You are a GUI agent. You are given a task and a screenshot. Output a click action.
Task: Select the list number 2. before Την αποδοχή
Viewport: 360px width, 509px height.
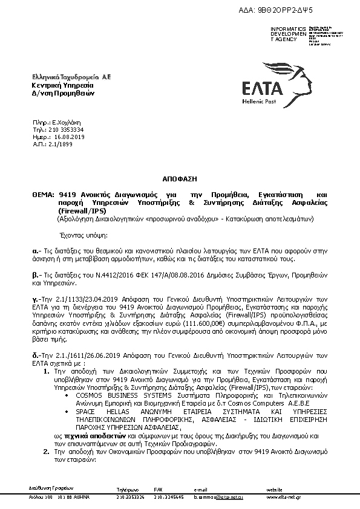47,452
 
